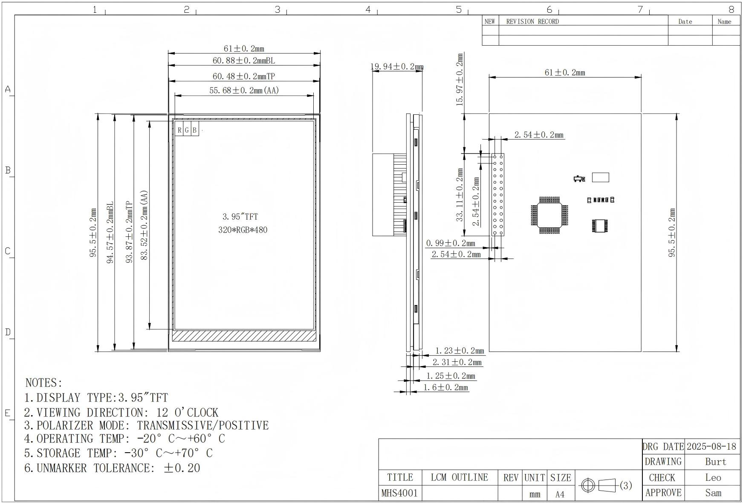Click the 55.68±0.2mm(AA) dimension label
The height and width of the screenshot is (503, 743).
(x=244, y=90)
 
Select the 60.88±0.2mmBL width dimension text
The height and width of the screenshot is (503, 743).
(x=244, y=61)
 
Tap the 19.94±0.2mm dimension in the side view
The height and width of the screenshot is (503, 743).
(x=397, y=67)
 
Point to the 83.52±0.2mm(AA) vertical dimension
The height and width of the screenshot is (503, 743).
(x=144, y=225)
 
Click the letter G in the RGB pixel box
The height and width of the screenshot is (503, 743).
(x=187, y=130)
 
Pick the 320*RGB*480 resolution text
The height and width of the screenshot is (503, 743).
(x=243, y=230)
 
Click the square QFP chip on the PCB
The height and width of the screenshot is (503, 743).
(x=549, y=215)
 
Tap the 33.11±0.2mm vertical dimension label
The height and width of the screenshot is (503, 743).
(x=460, y=195)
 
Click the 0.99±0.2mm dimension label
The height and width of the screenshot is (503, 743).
(x=451, y=243)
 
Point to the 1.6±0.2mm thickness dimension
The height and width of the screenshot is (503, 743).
(x=445, y=387)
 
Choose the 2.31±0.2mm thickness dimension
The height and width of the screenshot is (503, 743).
(x=457, y=362)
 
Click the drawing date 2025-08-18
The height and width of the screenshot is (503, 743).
(x=711, y=446)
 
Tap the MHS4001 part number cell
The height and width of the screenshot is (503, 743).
(x=399, y=493)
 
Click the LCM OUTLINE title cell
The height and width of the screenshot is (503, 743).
(x=459, y=477)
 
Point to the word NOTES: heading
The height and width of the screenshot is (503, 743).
(x=44, y=382)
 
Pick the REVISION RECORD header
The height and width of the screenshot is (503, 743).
(x=532, y=22)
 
